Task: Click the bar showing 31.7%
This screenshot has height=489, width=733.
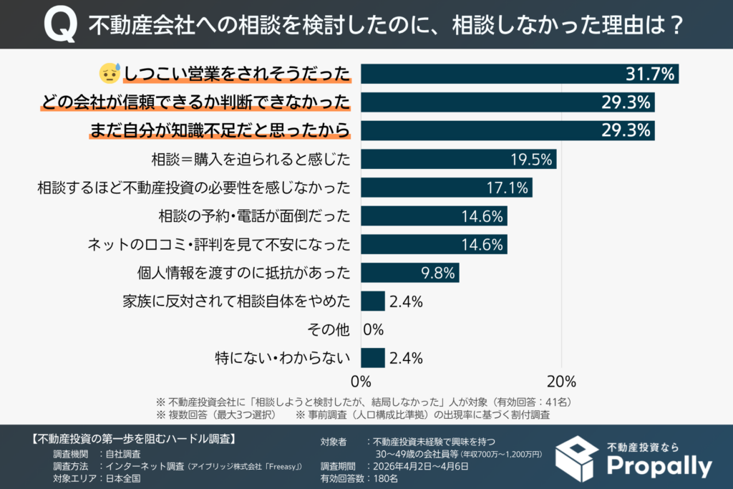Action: (x=519, y=74)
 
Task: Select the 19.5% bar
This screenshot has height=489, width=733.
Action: (x=458, y=159)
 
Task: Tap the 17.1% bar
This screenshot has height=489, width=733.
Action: (x=446, y=188)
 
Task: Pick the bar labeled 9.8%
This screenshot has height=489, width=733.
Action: (x=409, y=273)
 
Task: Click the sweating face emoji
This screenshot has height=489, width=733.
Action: (x=108, y=74)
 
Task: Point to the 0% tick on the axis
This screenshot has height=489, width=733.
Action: (x=361, y=379)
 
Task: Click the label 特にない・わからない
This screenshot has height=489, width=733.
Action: (x=283, y=358)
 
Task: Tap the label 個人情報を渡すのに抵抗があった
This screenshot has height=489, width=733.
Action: (x=243, y=273)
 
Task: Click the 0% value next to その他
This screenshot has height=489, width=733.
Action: (x=374, y=329)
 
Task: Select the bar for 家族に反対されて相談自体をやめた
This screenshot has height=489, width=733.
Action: (x=373, y=301)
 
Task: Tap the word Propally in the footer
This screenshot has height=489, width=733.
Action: (x=659, y=466)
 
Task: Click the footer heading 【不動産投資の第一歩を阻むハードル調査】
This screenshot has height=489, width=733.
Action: (x=135, y=438)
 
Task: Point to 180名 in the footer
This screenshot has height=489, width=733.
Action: (x=382, y=479)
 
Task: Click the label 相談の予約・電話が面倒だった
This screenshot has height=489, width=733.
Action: (x=253, y=216)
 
